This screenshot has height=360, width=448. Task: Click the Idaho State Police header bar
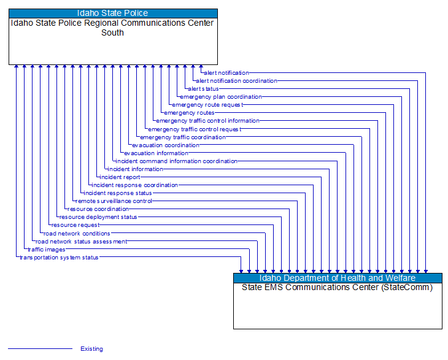click(113, 13)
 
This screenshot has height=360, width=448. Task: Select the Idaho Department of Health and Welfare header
click(338, 278)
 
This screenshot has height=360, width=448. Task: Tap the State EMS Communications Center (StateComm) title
click(338, 287)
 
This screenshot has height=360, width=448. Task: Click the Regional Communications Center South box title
click(113, 28)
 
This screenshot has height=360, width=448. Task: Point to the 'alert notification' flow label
click(226, 73)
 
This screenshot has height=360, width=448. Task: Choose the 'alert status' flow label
click(203, 89)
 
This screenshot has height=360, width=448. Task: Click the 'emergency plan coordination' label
click(221, 97)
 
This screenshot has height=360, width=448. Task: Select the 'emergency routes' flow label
click(189, 113)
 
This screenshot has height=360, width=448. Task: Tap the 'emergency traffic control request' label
click(195, 129)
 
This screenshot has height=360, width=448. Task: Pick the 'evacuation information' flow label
click(156, 153)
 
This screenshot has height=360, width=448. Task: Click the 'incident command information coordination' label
click(176, 161)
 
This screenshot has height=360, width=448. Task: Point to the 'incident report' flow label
click(120, 177)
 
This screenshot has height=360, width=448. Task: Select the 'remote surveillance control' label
click(114, 201)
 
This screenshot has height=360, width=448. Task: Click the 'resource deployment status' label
click(98, 217)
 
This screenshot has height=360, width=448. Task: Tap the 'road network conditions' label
click(77, 234)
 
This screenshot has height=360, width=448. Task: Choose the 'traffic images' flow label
click(47, 250)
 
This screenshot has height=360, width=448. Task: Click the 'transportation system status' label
click(59, 258)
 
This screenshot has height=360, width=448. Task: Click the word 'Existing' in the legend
click(91, 349)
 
